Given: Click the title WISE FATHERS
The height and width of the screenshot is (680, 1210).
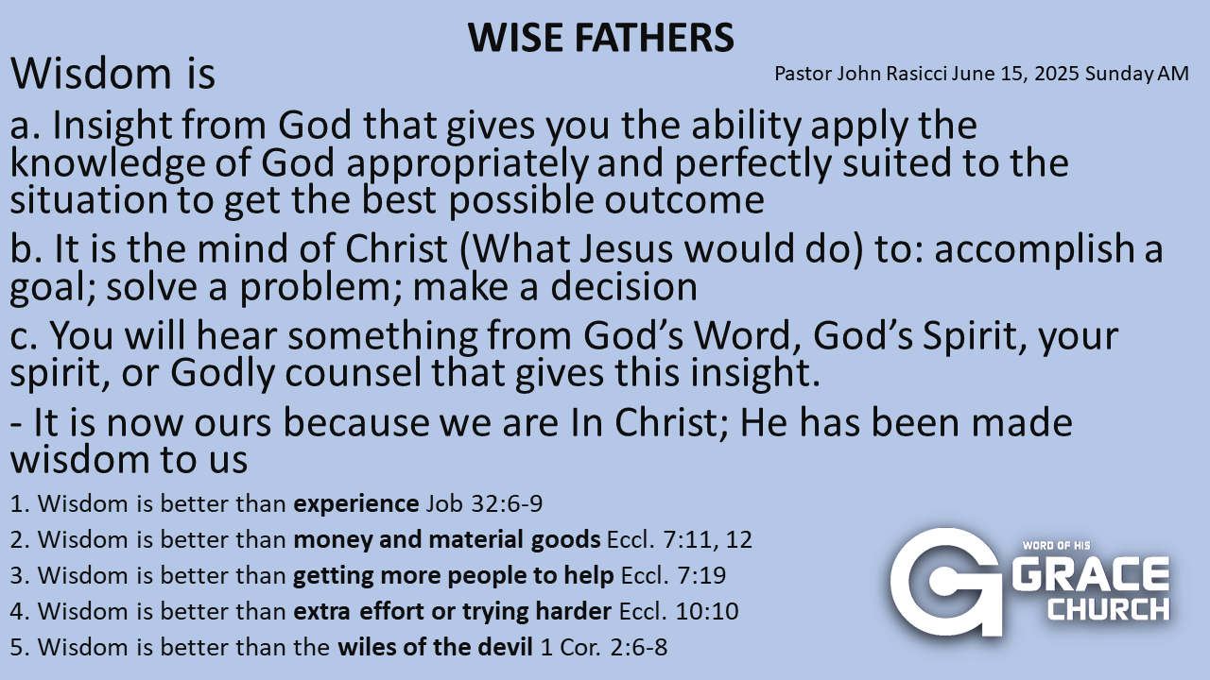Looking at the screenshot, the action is pyautogui.click(x=600, y=38).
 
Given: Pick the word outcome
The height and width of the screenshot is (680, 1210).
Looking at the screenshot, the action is pyautogui.click(x=683, y=200).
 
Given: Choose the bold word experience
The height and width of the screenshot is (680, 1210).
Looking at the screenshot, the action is pyautogui.click(x=356, y=504).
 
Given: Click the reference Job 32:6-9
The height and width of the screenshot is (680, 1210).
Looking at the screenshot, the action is pyautogui.click(x=484, y=503).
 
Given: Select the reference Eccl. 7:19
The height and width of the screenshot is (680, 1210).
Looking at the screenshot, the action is pyautogui.click(x=674, y=575).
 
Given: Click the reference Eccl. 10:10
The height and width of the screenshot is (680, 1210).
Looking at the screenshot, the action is pyautogui.click(x=679, y=611).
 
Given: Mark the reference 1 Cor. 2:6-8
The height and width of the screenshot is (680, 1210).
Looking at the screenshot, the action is pyautogui.click(x=604, y=647).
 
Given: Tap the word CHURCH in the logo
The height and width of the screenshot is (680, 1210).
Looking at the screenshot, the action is pyautogui.click(x=1109, y=609).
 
